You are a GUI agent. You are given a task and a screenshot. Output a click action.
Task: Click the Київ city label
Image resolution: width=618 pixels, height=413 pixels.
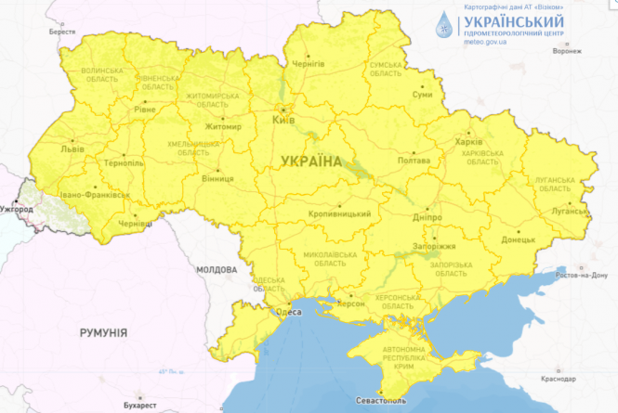click(x=283, y=121)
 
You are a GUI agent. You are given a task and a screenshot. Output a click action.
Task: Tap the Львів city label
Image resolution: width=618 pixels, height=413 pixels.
click(x=71, y=148)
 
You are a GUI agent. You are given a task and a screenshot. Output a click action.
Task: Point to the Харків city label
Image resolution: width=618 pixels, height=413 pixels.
click(x=468, y=142)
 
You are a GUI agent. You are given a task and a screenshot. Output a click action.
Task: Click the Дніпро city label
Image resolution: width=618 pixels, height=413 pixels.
click(x=427, y=215)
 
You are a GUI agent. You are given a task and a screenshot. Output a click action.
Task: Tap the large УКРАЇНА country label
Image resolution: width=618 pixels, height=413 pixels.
click(x=310, y=161)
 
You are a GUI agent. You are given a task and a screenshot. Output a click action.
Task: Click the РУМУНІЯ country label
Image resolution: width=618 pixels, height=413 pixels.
click(x=102, y=331)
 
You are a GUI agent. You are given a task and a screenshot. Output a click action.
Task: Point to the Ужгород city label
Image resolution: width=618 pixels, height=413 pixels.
click(x=17, y=209)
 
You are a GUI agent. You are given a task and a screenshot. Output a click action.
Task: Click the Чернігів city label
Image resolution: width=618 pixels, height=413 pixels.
click(x=308, y=63)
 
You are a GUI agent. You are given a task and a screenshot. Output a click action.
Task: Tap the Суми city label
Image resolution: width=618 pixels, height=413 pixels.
click(x=422, y=95)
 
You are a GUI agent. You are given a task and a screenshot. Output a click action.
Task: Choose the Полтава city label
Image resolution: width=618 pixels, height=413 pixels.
click(x=413, y=161)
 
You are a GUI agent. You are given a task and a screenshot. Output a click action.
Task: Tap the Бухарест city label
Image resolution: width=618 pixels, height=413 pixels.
click(x=139, y=406)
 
